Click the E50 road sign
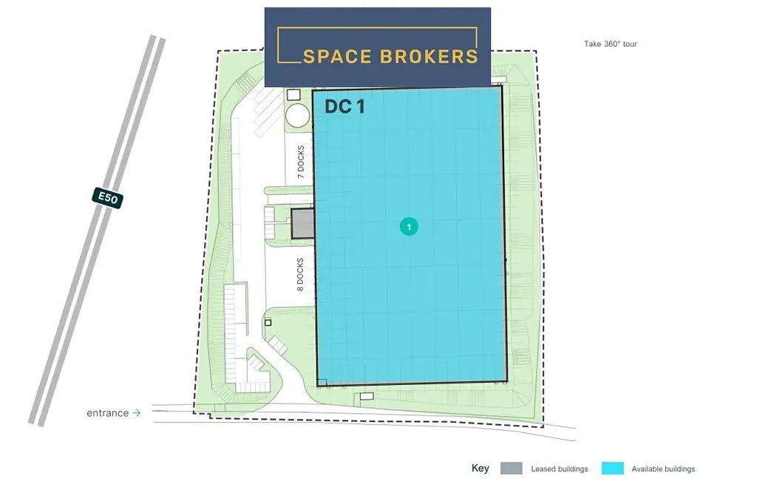coord(108,198)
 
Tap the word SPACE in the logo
coord(336,56)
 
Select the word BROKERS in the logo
coord(429,56)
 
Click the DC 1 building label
coord(344,106)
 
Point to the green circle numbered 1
coord(409,227)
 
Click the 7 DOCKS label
coord(301,162)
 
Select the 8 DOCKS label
coord(300,275)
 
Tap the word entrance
coord(108,413)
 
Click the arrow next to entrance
coord(137,413)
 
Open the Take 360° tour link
coord(610,44)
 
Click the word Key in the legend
coord(481,468)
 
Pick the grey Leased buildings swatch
coord(512,468)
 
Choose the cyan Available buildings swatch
coord(613,468)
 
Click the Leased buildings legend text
coord(560,469)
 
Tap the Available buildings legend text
coord(663,469)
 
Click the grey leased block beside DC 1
coord(302,223)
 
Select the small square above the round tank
coord(293,95)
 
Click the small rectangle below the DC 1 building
coord(367,397)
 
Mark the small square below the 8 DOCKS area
coord(268,322)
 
